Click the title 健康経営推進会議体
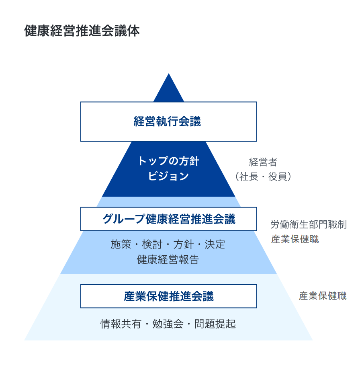pos(82,31)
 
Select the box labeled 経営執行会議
pos(168,121)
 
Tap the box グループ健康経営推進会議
pos(168,219)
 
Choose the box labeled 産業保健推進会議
pos(168,296)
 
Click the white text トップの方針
pos(168,161)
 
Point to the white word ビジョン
pos(168,177)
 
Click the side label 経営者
pos(263,162)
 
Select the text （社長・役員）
pos(263,177)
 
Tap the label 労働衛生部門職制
pos(309,224)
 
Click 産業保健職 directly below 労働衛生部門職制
pos(295,239)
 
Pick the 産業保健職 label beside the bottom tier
pos(323,296)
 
